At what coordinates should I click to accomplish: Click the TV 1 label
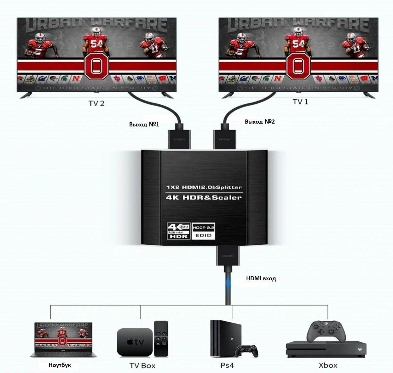point(300,102)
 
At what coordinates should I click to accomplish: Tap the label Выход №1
point(144,124)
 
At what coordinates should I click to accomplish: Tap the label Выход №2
point(260,121)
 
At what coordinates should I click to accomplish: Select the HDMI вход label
point(261,278)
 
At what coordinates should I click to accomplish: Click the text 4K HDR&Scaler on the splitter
point(203,198)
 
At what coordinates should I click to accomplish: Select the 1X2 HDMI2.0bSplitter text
point(204,187)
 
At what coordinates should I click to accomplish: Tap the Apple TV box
point(135,342)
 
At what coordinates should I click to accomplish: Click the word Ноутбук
point(60,365)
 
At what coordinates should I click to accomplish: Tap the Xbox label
point(328,365)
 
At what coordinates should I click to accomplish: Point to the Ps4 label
point(227,365)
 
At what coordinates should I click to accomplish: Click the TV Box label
point(142,366)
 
